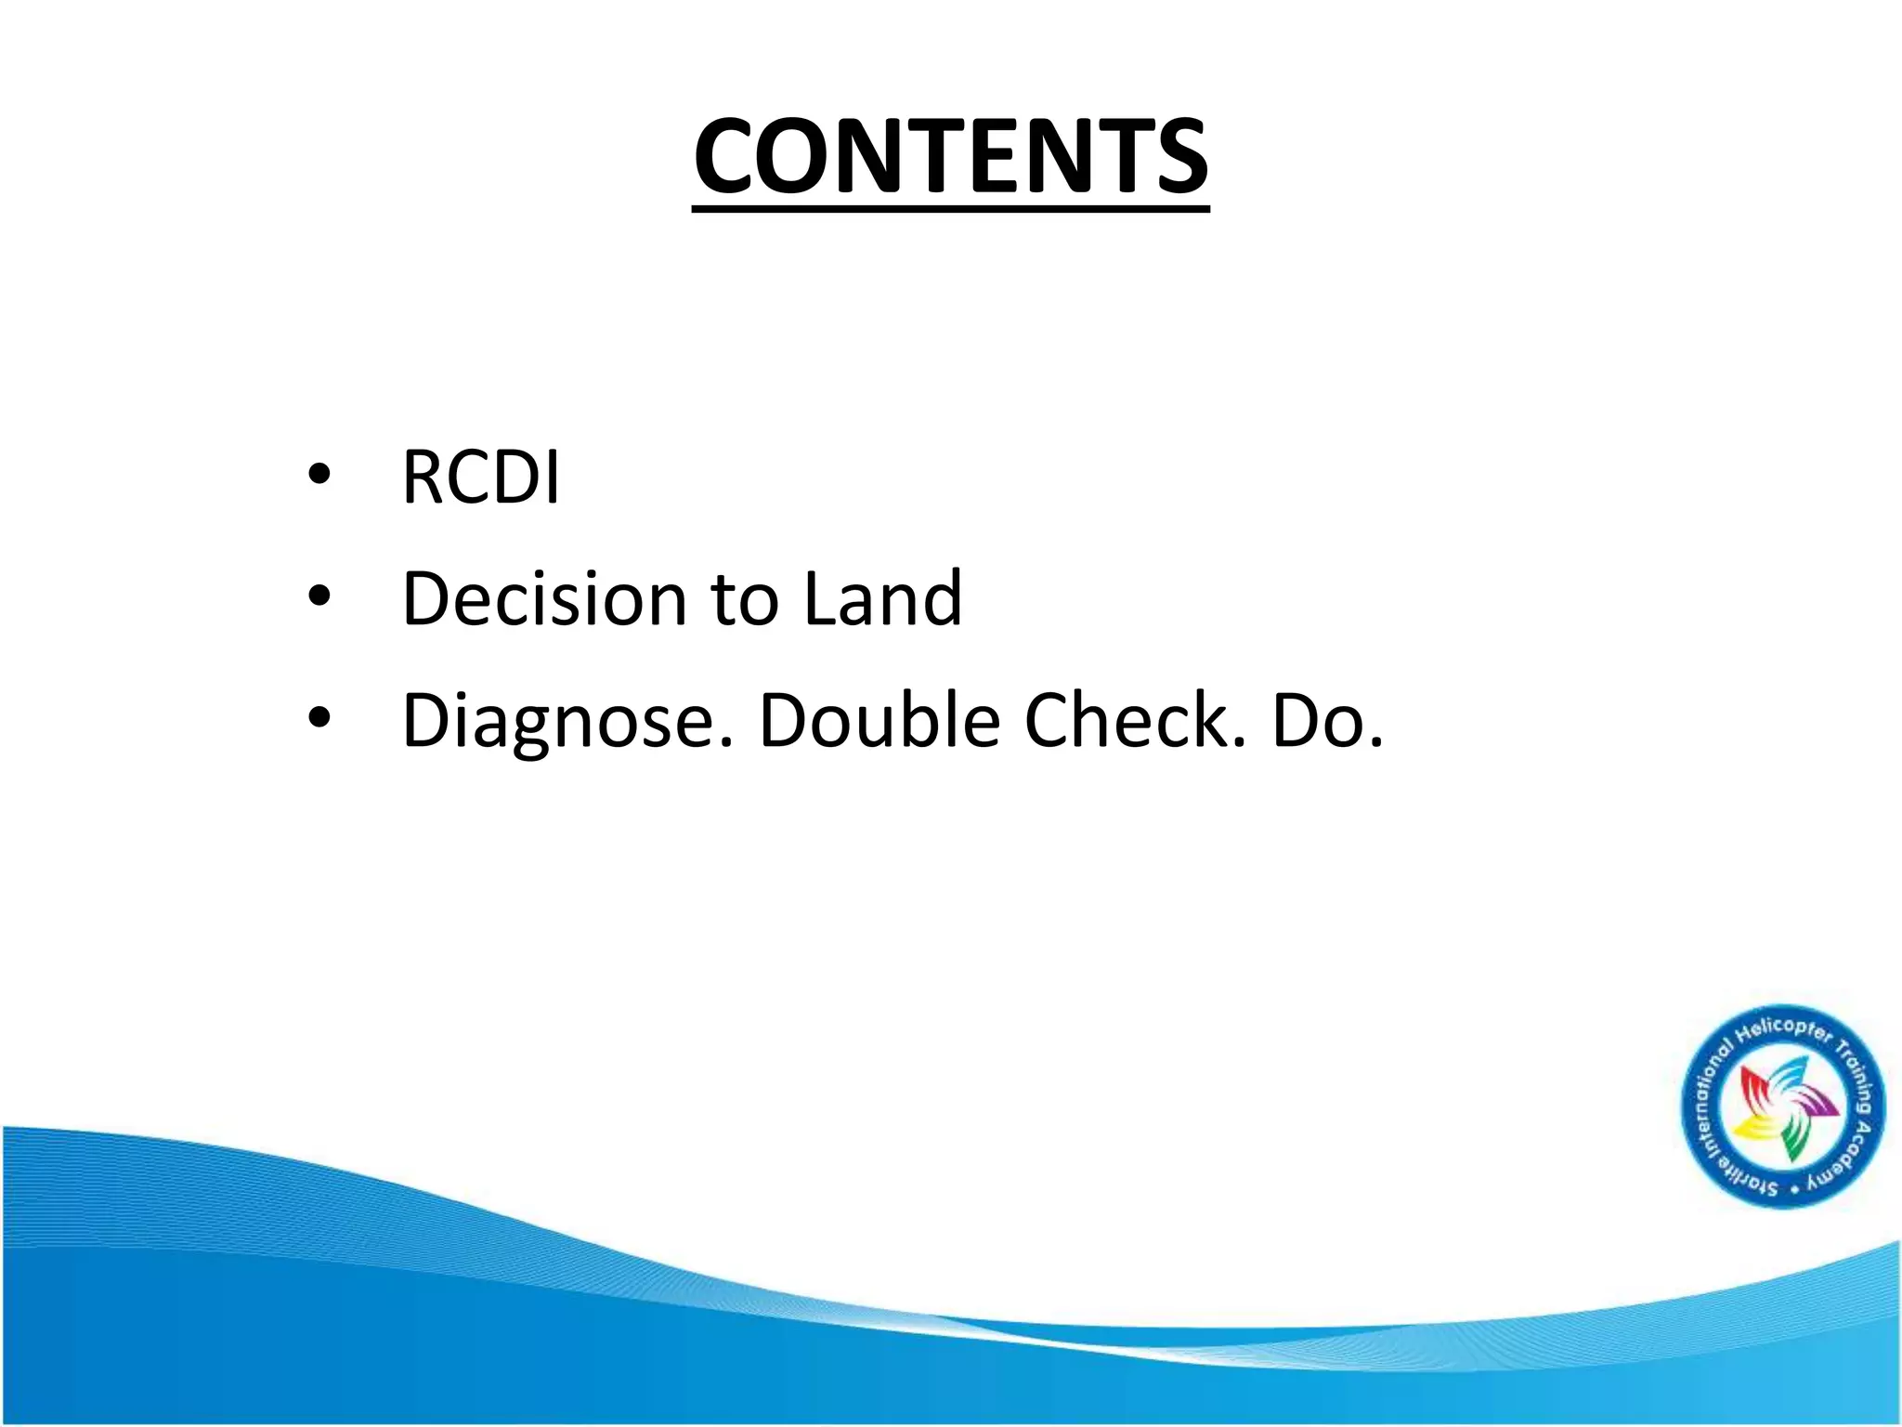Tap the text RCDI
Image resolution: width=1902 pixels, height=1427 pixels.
(480, 478)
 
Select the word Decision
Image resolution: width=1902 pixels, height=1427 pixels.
(543, 598)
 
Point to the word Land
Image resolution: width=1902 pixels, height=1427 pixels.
(882, 598)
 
